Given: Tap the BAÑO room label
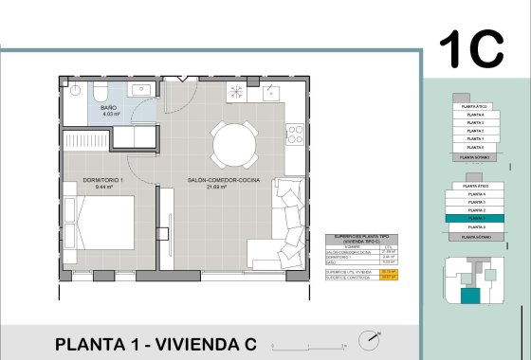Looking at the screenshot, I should [x=109, y=109].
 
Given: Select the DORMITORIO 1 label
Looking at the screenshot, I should [x=103, y=180].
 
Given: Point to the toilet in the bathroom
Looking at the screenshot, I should [x=100, y=91].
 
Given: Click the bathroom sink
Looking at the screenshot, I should [x=147, y=91].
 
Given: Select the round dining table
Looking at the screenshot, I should [x=231, y=144].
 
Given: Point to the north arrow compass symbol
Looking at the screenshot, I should [x=367, y=339].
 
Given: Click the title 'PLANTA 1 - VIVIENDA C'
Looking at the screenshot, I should [x=156, y=343].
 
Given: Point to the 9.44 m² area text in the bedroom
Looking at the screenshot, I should [x=103, y=188].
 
